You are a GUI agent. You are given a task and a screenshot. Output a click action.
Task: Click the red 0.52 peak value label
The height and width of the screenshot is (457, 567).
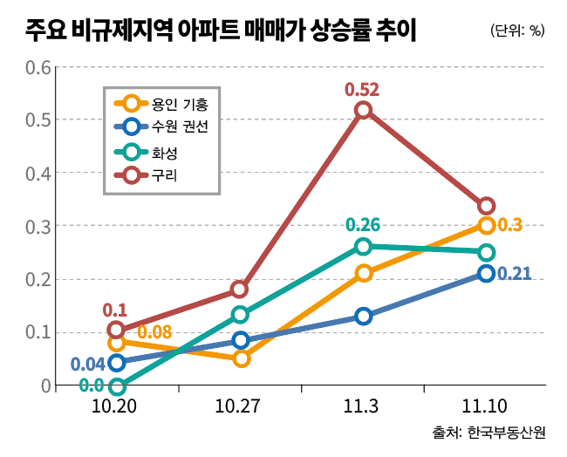pos(362,88)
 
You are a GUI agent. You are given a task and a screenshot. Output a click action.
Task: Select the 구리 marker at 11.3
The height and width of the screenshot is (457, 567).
pos(364,110)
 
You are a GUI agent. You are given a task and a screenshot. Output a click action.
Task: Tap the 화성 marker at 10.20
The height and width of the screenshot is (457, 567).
pos(116,385)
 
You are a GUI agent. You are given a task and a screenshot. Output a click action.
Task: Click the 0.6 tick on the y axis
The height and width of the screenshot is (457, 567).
pos(38,66)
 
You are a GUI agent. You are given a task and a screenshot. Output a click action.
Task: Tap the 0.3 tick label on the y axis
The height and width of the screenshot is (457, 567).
pos(38,226)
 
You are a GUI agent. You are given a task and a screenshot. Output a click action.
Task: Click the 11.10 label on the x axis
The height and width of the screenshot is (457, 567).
pos(486,406)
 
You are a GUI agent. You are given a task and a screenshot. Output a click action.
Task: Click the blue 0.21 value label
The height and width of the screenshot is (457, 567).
pos(515,274)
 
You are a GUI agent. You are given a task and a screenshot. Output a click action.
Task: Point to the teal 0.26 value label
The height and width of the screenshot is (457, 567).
pos(363,225)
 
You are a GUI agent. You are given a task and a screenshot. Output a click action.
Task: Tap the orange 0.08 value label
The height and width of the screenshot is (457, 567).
pos(154,332)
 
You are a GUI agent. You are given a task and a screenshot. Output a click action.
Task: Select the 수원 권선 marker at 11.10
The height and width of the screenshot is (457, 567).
pos(486,274)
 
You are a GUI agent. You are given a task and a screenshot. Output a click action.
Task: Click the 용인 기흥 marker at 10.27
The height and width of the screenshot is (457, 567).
pos(241,358)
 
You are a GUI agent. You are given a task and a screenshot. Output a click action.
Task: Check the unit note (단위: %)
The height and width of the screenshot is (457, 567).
pos(517,31)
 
